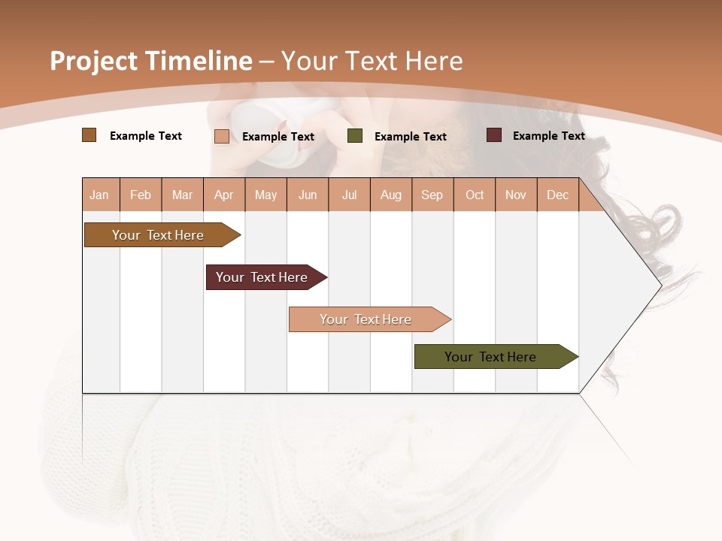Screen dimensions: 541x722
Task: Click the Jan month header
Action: pyautogui.click(x=99, y=195)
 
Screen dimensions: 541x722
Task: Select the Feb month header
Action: pyautogui.click(x=141, y=195)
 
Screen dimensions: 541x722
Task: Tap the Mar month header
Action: pyautogui.click(x=182, y=195)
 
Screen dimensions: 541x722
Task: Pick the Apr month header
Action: pyautogui.click(x=223, y=195)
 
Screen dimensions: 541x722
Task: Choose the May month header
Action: pyautogui.click(x=265, y=195)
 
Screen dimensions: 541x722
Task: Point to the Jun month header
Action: pyautogui.click(x=308, y=195)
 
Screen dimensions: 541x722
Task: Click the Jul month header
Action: pyautogui.click(x=349, y=195)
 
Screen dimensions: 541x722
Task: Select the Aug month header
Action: pyautogui.click(x=390, y=195)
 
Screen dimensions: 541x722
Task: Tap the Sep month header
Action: pyautogui.click(x=432, y=195)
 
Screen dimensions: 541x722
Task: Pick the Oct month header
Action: pyautogui.click(x=475, y=195)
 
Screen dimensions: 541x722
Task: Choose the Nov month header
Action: pyautogui.click(x=515, y=195)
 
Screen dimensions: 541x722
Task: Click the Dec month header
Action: pyautogui.click(x=557, y=195)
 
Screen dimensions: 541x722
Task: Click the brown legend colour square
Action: pyautogui.click(x=89, y=135)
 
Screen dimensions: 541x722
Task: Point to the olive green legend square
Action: pyautogui.click(x=355, y=136)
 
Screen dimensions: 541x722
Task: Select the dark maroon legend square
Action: pyautogui.click(x=494, y=135)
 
